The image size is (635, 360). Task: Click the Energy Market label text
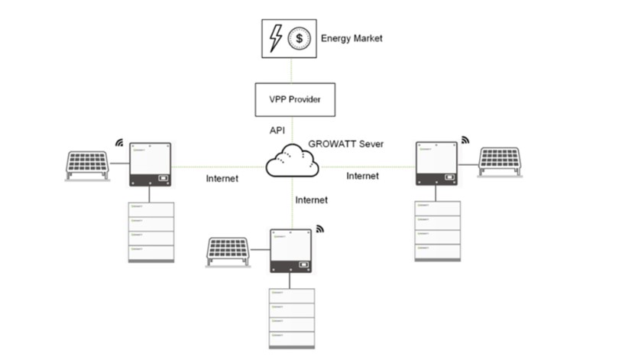(x=352, y=37)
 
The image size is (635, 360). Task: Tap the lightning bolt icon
(x=276, y=37)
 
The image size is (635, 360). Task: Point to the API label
(x=278, y=131)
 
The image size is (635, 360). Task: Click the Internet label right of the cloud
(x=362, y=176)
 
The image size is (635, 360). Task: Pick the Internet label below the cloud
(x=311, y=200)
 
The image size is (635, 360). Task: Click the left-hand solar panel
(x=86, y=165)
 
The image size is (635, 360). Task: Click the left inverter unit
(x=149, y=164)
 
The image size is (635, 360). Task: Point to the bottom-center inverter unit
(x=291, y=251)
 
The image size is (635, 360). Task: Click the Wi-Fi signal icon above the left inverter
(x=118, y=142)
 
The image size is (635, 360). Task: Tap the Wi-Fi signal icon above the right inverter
(x=465, y=141)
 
